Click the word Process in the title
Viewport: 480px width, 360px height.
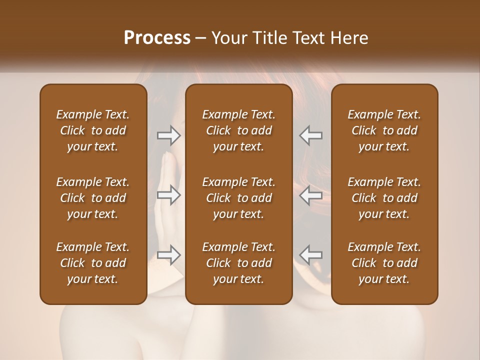[x=157, y=38]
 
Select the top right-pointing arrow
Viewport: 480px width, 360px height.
[x=168, y=135]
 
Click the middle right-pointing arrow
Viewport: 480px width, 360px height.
[x=168, y=195]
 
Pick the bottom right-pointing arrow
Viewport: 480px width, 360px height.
[x=168, y=255]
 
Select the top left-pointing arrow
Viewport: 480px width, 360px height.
[x=311, y=135]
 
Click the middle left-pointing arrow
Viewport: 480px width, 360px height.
[x=311, y=195]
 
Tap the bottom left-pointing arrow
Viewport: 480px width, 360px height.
[x=311, y=255]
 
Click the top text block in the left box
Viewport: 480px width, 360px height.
[x=93, y=130]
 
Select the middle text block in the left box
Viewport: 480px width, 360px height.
[x=93, y=198]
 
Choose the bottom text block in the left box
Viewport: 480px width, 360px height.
[x=93, y=263]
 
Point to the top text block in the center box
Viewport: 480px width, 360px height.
[x=239, y=130]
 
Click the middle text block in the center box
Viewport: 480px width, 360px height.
[x=239, y=198]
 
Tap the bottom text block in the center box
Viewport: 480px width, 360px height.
[x=239, y=263]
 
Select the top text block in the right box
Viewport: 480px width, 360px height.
[x=384, y=130]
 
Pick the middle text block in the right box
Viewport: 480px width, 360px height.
[x=384, y=198]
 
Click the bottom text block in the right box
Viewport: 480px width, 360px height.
[x=384, y=263]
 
